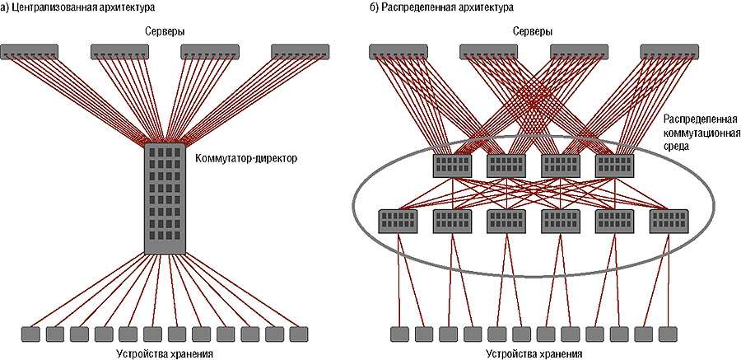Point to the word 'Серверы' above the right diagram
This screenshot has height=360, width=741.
[532, 30]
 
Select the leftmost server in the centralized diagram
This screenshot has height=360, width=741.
[30, 51]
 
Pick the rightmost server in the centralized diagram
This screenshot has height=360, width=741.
[301, 51]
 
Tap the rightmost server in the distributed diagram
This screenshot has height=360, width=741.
[669, 51]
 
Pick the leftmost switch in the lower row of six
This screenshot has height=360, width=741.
[398, 221]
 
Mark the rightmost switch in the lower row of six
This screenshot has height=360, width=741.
[669, 221]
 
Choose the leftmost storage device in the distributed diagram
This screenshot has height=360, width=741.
[398, 334]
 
